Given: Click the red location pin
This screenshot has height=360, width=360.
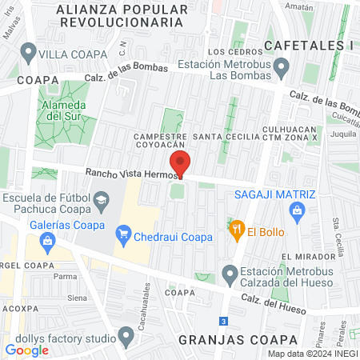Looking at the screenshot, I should coord(181,163).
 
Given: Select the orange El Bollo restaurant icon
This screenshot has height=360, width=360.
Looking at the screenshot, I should coord(236,227).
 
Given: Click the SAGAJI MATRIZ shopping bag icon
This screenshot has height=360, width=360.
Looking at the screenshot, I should coord(298,210).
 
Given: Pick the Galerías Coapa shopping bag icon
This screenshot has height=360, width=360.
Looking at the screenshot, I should coord(49,240).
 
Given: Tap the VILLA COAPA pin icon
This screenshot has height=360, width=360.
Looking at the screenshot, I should coord(30,54).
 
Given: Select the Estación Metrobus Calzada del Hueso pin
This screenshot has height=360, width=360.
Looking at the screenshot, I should coord(230,274).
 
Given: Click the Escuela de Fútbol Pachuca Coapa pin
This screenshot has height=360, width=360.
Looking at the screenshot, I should coord(102,203).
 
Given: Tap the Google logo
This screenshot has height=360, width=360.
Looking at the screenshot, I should coord(26,350).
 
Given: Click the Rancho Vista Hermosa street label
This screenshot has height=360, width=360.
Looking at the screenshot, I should coord(128,173).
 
